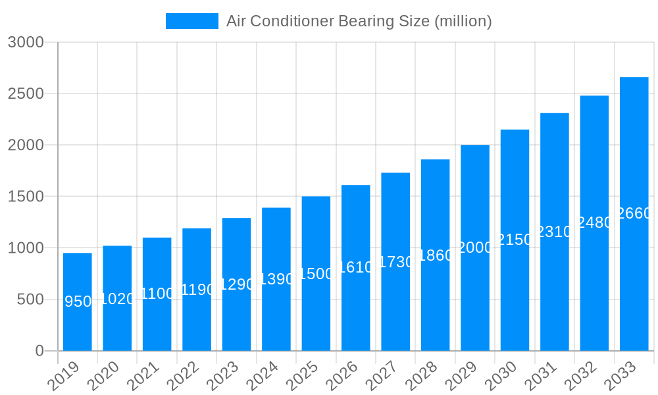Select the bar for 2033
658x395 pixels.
point(634,276)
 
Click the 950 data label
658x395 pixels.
point(78,302)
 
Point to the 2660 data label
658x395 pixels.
point(634,213)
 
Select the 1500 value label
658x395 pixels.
point(316,274)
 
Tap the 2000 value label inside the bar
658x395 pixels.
point(475,248)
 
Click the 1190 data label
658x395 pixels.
point(197,290)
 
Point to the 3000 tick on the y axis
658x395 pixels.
point(26,42)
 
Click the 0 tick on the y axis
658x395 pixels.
point(39,351)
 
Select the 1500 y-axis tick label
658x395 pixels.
point(26,196)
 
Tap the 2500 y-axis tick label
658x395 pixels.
point(26,93)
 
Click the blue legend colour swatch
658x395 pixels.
point(191,21)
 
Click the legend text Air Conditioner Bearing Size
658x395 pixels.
point(359,21)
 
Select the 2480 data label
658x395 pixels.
point(594,223)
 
